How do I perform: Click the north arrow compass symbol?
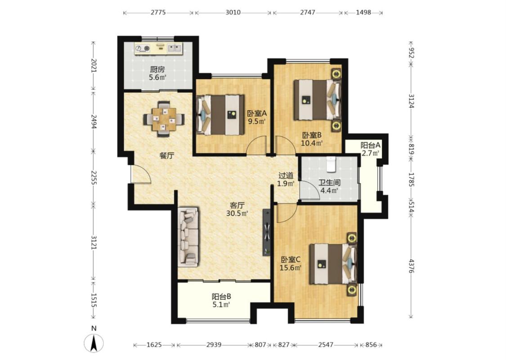[x=94, y=343]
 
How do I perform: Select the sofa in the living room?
[x=188, y=237]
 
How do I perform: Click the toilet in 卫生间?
[x=331, y=164]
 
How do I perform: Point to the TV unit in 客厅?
[x=267, y=232]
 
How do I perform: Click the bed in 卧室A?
[x=221, y=115]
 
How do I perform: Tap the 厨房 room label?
[x=157, y=69]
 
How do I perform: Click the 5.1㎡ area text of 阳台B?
[x=221, y=304]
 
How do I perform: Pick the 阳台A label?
[x=371, y=146]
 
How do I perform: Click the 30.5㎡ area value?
[x=237, y=213]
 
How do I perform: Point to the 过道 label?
[x=286, y=175]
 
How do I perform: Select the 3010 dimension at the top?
[x=233, y=13]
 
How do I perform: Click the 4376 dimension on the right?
[x=411, y=265]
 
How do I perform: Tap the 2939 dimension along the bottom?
[x=214, y=345]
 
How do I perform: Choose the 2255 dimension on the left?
[x=94, y=178]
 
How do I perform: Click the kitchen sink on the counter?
[x=175, y=49]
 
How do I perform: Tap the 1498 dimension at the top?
[x=363, y=13]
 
